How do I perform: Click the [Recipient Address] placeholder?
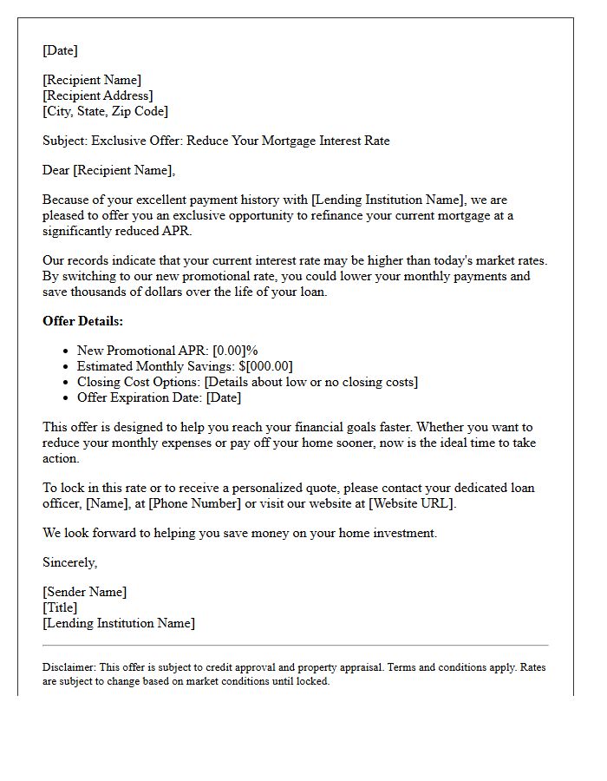[x=98, y=95]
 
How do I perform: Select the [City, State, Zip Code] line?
[x=105, y=111]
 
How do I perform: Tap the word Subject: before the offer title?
[x=65, y=141]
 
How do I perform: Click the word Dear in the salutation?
[x=56, y=170]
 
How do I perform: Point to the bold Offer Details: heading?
[x=83, y=321]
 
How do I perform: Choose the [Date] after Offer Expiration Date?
[x=225, y=397]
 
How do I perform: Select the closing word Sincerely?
[x=70, y=562]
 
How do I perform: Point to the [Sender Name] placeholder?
[x=85, y=592]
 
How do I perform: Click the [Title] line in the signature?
[x=60, y=607]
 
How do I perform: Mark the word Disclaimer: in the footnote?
[x=69, y=667]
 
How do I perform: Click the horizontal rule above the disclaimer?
[x=295, y=646]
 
